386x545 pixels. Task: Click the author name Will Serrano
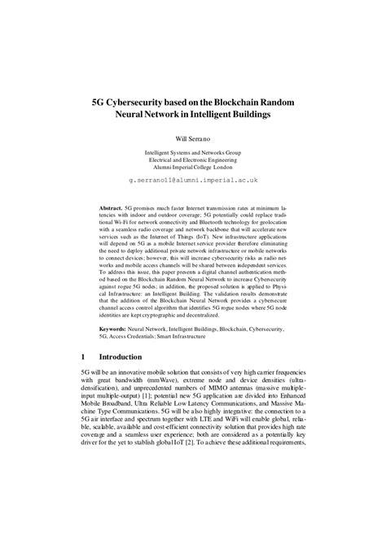click(x=193, y=139)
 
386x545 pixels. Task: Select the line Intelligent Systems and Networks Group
click(x=193, y=152)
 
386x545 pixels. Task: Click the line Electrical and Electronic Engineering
click(x=193, y=160)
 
